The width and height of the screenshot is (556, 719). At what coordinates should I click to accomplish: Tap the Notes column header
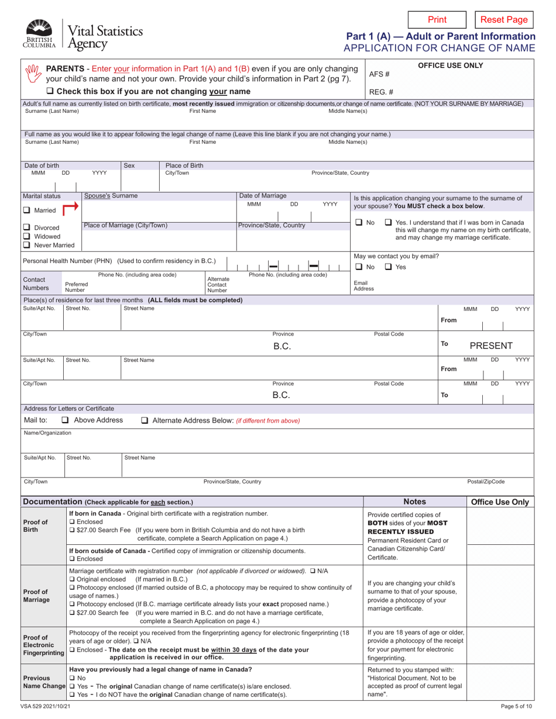pyautogui.click(x=416, y=502)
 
